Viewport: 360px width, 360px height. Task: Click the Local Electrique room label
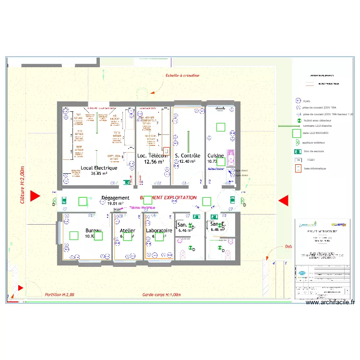99,168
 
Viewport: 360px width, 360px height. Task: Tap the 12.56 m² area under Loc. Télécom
154,162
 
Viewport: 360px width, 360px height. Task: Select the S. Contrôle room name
187,156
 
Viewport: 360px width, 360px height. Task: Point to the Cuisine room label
216,156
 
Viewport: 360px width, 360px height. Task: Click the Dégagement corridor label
115,198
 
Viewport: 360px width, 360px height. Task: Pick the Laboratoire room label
159,230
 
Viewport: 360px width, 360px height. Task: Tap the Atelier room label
127,231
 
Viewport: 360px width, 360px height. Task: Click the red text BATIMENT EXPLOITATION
168,197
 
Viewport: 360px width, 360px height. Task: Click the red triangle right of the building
283,201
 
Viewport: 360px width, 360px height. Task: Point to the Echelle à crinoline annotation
182,76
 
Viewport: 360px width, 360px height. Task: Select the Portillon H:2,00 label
60,295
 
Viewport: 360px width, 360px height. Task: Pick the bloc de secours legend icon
298,151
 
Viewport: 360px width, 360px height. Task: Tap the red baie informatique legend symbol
298,168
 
